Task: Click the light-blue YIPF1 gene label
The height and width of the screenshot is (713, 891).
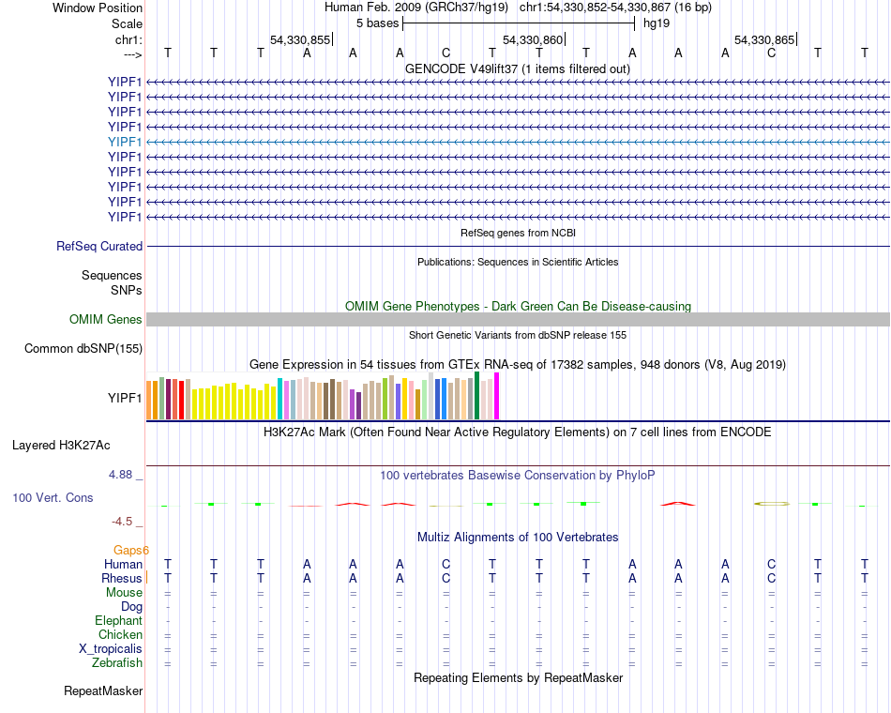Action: point(125,142)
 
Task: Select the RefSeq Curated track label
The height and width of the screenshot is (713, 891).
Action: point(99,247)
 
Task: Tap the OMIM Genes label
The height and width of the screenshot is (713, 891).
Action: point(106,320)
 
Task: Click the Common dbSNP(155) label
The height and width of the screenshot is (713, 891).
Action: point(83,349)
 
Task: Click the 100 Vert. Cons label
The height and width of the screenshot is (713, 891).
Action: point(53,498)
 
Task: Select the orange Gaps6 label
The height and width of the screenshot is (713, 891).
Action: point(131,550)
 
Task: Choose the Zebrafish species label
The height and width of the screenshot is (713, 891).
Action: point(117,663)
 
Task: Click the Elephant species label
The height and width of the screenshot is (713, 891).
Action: point(118,621)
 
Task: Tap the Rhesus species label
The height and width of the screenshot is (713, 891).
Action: point(122,579)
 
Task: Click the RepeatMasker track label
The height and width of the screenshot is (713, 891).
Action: point(103,691)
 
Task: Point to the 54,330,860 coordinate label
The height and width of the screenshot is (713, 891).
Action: point(533,40)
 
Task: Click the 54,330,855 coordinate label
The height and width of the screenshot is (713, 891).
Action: point(300,40)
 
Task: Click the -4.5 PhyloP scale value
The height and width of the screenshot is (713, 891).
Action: point(125,522)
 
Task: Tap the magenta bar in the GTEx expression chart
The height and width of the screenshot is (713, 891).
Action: point(497,396)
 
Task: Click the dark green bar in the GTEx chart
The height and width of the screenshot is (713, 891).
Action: point(477,395)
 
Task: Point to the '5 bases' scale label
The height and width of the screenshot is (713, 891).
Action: point(377,23)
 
